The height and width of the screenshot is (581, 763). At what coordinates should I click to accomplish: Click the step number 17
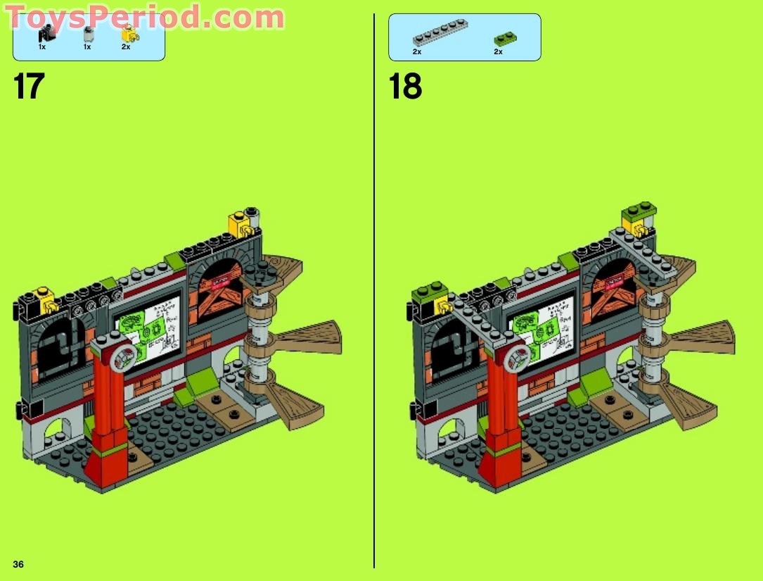coord(29,87)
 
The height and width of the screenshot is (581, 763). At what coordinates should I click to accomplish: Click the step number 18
coord(406,87)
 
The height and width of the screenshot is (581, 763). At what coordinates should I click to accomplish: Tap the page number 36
coord(18,563)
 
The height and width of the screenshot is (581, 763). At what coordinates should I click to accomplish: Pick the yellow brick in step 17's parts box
coord(128,33)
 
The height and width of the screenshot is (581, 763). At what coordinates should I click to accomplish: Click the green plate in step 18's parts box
coord(504,39)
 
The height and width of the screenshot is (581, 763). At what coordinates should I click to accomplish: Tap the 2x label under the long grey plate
coord(417,52)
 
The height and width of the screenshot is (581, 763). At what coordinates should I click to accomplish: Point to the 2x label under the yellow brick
coord(126,47)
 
